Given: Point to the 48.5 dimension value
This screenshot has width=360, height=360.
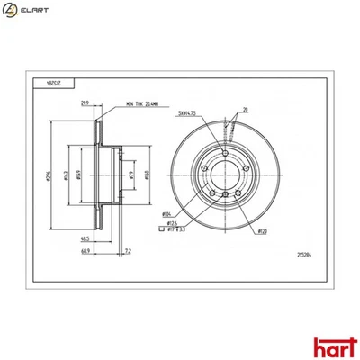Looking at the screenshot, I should click(x=83, y=239).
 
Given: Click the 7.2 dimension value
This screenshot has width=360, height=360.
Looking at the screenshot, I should click(x=129, y=249).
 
